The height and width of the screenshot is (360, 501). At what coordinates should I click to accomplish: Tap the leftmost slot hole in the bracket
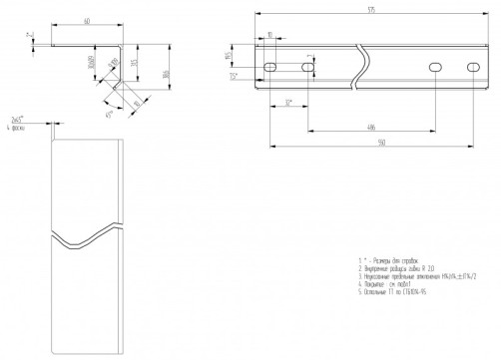coord(270,67)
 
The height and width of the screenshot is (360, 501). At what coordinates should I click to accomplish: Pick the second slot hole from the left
coord(306,67)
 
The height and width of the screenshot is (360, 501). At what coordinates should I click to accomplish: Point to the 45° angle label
coord(109,113)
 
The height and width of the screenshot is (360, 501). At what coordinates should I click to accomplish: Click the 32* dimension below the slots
coord(287,102)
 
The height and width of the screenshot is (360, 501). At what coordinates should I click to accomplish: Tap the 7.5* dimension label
coord(233,76)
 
